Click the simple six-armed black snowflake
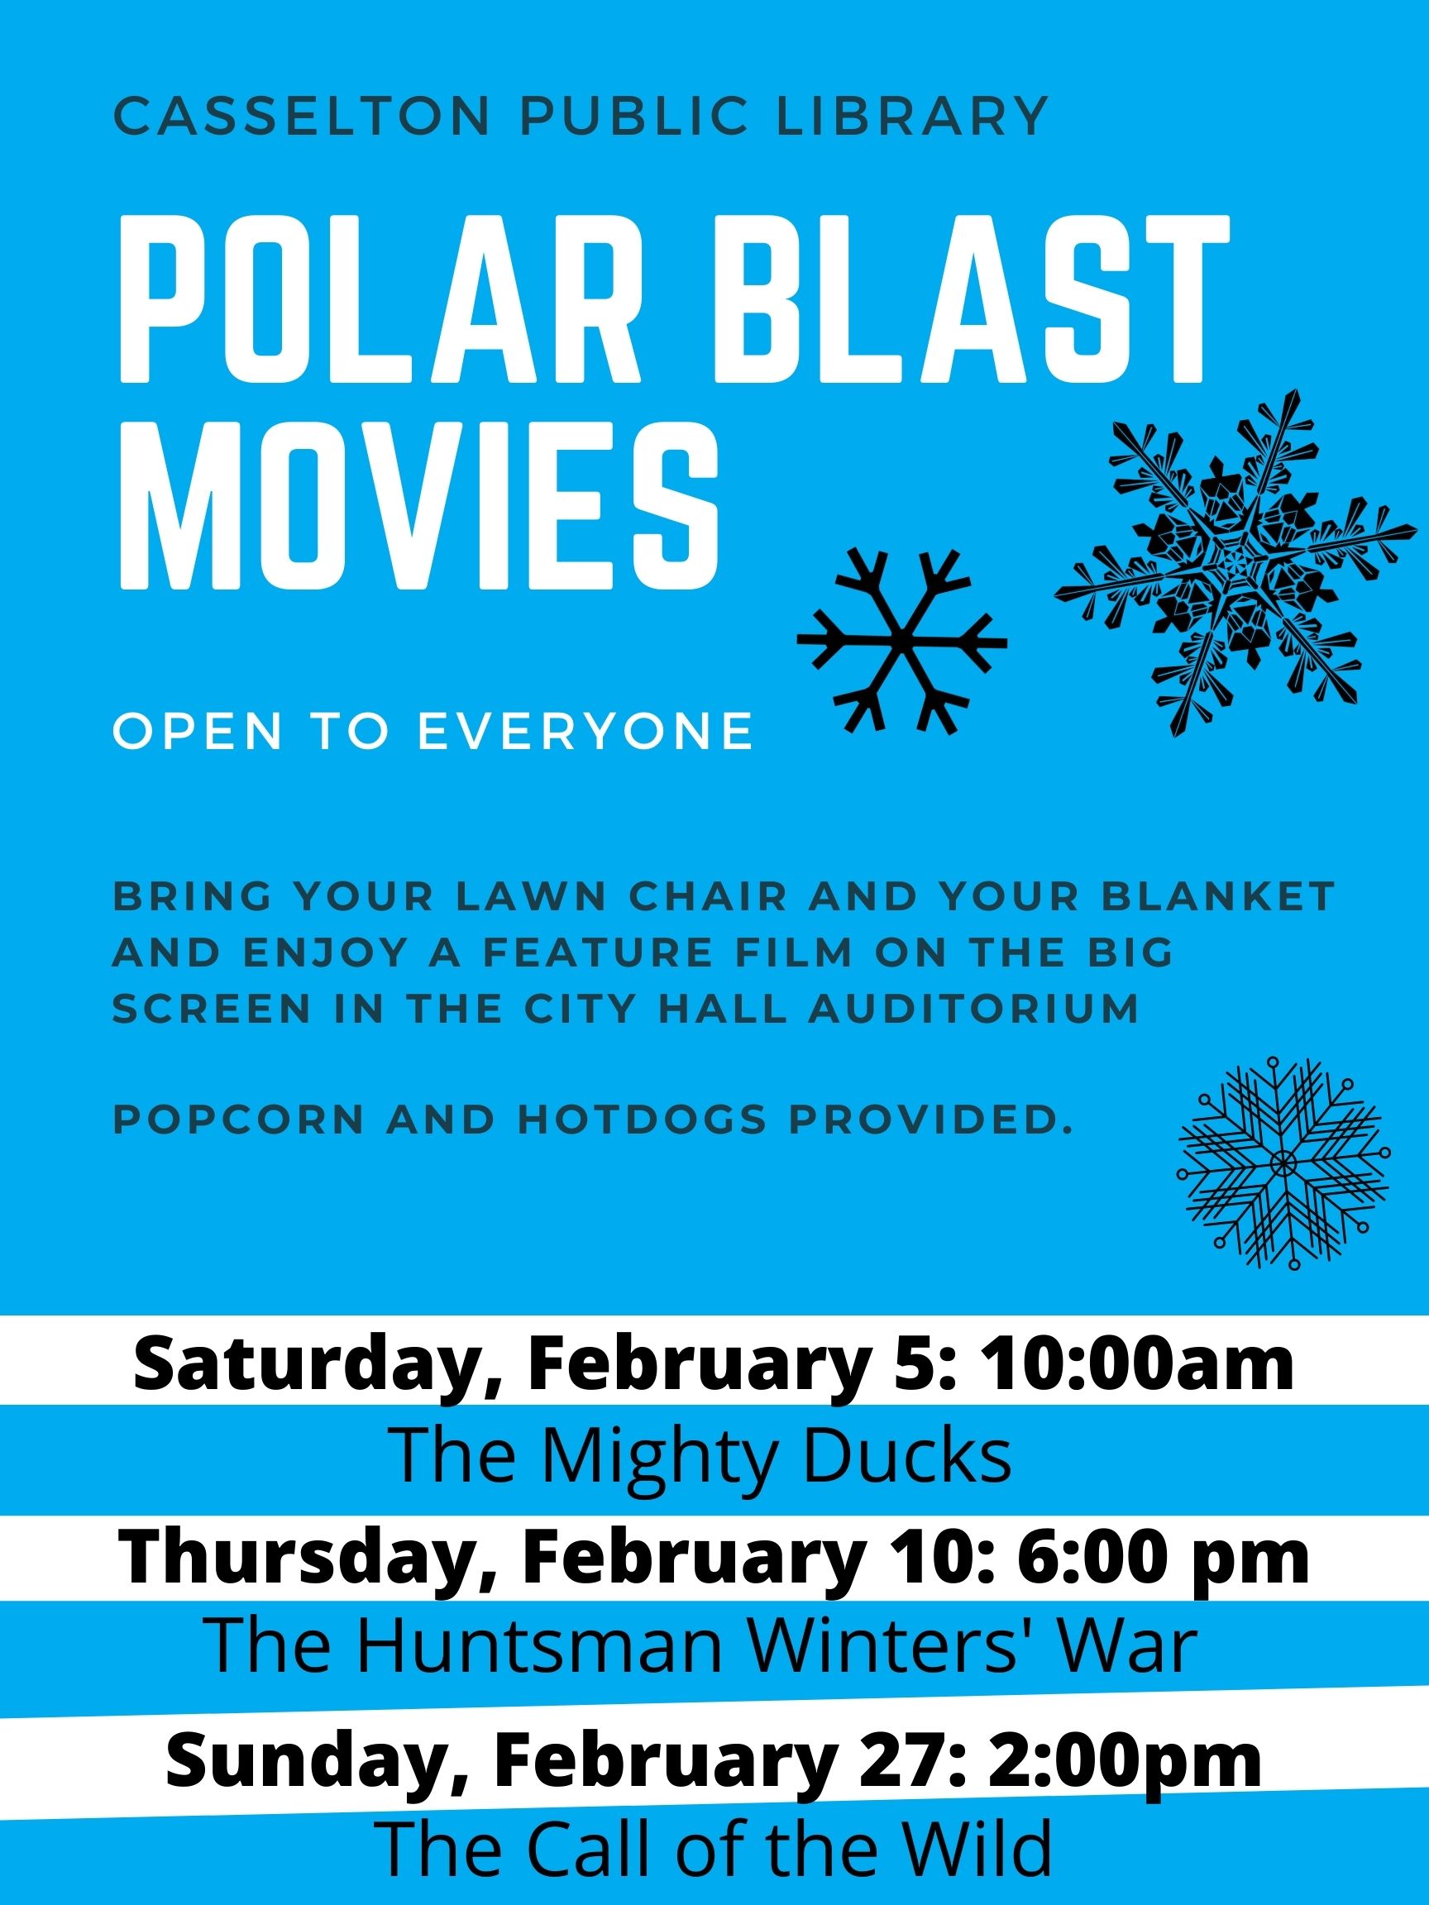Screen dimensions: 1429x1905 (902, 641)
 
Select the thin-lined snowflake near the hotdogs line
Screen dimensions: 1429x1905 (1283, 1163)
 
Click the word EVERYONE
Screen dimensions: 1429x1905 (585, 731)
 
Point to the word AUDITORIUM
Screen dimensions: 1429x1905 (974, 1010)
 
